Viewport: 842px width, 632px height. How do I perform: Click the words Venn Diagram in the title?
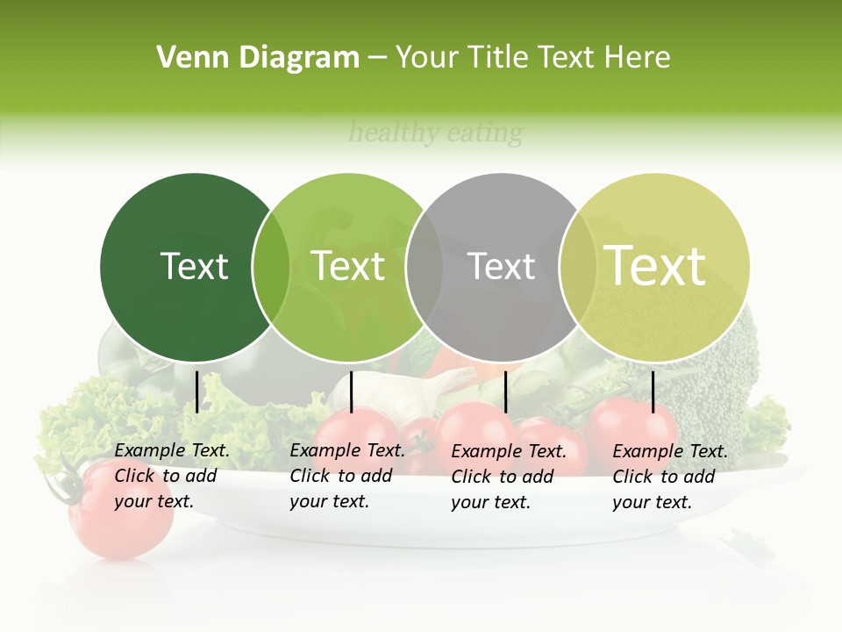tap(258, 58)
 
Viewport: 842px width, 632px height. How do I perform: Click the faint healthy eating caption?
tap(435, 133)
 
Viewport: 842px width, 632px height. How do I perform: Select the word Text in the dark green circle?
tap(195, 266)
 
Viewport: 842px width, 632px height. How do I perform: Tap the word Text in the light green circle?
tap(348, 266)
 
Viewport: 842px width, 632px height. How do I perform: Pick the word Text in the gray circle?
tap(502, 266)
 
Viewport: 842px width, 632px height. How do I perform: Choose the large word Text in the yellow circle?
tap(655, 266)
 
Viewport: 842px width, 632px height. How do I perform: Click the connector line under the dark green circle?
tap(196, 391)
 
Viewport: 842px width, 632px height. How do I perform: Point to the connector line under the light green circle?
tap(351, 391)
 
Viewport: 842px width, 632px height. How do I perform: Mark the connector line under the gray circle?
tap(505, 391)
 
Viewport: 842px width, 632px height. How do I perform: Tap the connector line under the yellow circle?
tap(653, 391)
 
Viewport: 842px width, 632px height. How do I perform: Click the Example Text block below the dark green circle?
tap(172, 477)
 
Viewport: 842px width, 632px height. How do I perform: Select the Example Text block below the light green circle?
tap(347, 477)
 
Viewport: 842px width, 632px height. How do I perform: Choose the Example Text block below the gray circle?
tap(509, 477)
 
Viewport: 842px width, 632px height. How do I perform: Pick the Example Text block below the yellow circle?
tap(670, 477)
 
